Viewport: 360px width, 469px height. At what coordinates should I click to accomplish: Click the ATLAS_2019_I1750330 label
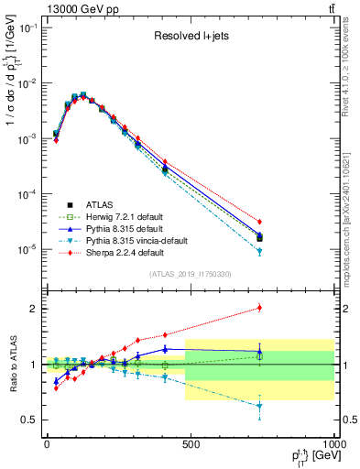pos(190,274)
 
